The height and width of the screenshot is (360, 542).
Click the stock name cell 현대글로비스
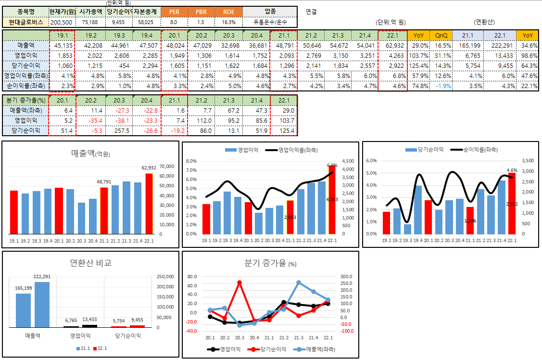(x=25, y=22)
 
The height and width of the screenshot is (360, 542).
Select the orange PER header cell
(x=174, y=11)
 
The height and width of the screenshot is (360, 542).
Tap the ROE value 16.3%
(x=229, y=22)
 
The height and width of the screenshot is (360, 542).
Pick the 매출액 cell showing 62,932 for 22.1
(x=392, y=45)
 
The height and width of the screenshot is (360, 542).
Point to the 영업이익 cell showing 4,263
(x=392, y=55)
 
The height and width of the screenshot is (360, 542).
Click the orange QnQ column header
(x=441, y=36)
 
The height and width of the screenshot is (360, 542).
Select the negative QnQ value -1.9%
(x=441, y=86)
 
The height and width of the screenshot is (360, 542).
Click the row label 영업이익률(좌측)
(x=25, y=76)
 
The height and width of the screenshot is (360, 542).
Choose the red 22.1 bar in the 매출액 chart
(x=149, y=204)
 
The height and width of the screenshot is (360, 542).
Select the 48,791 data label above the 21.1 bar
(x=104, y=182)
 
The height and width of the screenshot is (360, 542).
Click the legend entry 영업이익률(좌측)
(x=298, y=150)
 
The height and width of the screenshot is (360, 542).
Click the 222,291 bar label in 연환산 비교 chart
(x=42, y=277)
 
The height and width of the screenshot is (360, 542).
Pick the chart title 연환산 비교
(x=91, y=263)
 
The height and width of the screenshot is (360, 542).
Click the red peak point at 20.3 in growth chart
(x=239, y=283)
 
